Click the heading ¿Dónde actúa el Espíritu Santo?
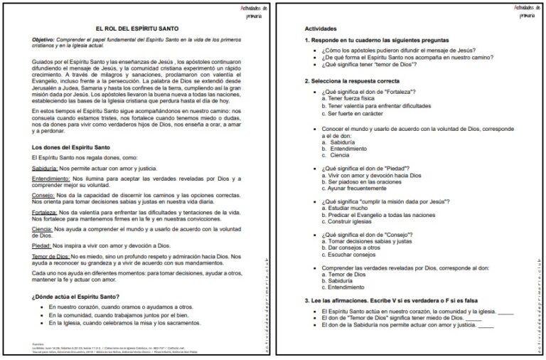75,296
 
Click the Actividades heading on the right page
320,28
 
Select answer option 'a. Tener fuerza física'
352,100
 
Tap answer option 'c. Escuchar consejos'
353,254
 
